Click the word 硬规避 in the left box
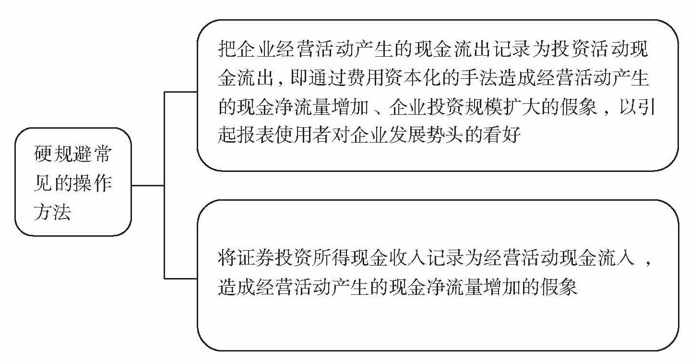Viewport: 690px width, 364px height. coord(63,155)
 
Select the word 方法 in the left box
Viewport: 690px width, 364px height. coord(53,210)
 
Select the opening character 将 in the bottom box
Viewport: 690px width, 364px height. coord(226,260)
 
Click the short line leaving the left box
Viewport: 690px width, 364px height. coord(148,185)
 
